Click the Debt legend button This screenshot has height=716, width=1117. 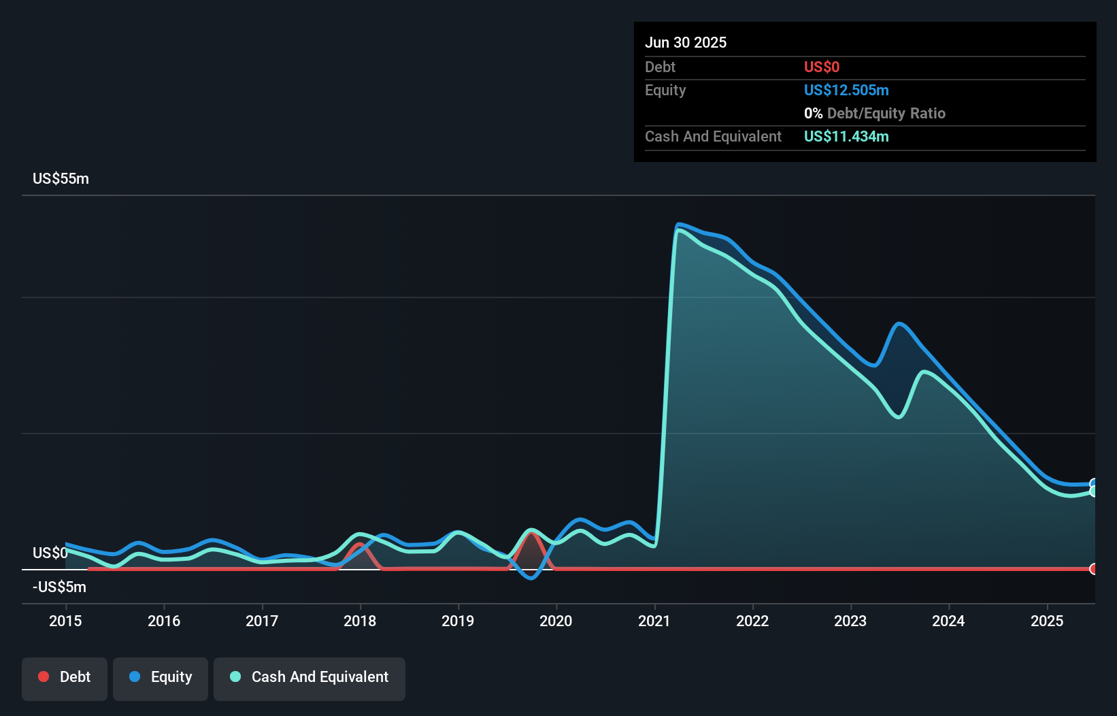click(65, 678)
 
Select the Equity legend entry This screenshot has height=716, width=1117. click(161, 678)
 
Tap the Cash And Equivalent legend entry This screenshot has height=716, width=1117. click(310, 678)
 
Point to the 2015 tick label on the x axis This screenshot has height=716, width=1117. click(65, 621)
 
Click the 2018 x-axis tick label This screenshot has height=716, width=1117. click(360, 621)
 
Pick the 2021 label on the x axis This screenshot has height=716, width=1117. click(654, 621)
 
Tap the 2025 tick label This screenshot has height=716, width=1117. click(1046, 621)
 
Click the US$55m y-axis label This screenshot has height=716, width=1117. click(61, 178)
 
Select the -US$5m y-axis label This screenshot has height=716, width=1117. click(59, 587)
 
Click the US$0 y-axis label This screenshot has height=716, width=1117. click(50, 553)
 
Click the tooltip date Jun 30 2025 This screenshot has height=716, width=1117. click(686, 42)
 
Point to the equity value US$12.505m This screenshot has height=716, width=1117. click(846, 90)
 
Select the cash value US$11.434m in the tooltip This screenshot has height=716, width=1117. click(846, 136)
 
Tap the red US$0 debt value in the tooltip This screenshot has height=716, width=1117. click(821, 67)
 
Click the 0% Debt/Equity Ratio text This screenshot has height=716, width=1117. click(874, 113)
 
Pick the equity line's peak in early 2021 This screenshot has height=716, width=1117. click(678, 224)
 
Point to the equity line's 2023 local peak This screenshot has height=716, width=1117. click(899, 324)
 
